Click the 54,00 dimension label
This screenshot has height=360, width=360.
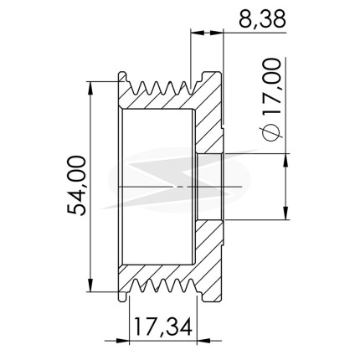[76, 186]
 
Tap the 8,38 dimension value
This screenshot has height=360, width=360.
[263, 19]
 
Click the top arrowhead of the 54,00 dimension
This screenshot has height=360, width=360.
[90, 88]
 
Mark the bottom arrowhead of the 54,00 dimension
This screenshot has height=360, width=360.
[90, 285]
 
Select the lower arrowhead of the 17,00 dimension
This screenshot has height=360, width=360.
[285, 213]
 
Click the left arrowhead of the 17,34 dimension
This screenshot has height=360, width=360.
[123, 341]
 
